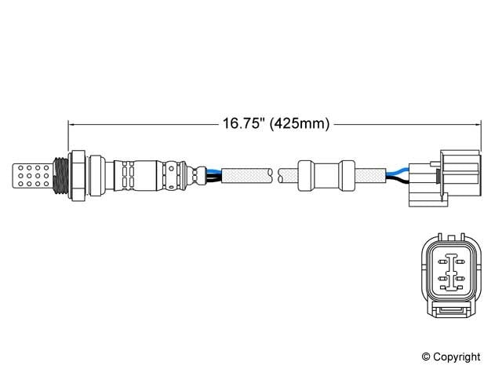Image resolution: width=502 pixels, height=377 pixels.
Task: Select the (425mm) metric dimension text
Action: (x=299, y=123)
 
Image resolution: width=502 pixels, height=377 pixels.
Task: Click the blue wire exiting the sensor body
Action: (x=209, y=167)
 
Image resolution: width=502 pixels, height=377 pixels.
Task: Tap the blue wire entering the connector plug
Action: (x=398, y=168)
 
